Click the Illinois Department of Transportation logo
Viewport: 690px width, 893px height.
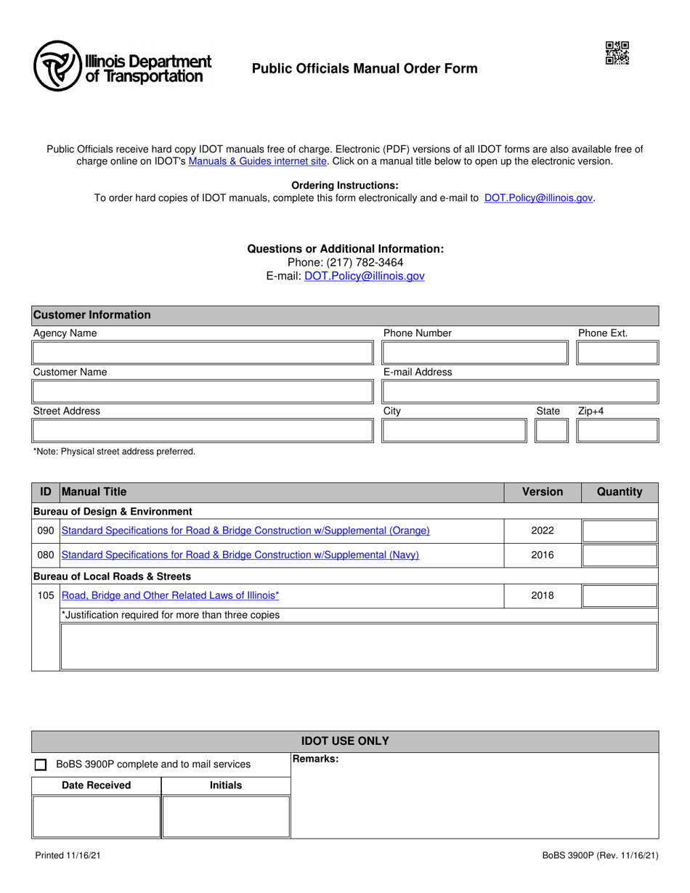(122, 66)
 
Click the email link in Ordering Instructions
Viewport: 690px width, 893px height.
(538, 197)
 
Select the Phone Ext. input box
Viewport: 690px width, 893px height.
(617, 354)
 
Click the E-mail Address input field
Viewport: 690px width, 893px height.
(519, 392)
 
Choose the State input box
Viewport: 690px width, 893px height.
(551, 431)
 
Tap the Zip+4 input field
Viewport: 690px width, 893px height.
(617, 431)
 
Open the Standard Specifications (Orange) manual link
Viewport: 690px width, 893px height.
(246, 531)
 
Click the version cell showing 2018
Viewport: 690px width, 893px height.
(543, 595)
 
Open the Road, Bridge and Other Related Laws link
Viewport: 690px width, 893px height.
(170, 595)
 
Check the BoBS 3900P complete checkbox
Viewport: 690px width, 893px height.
(41, 764)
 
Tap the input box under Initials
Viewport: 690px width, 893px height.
(225, 817)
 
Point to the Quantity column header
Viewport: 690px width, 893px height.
(620, 492)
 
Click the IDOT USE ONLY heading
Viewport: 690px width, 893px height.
(345, 741)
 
